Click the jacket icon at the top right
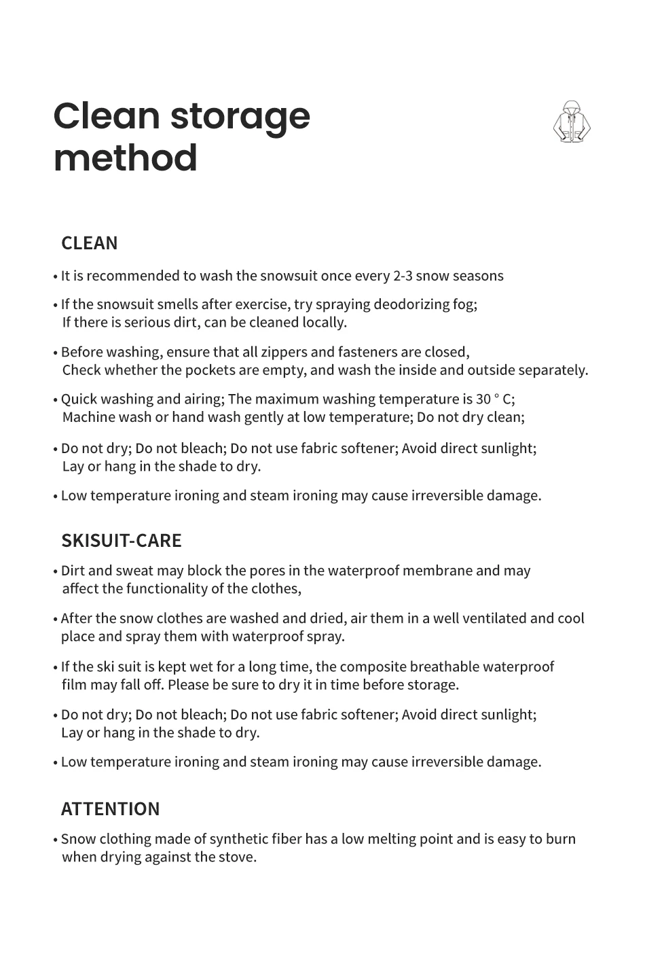(x=572, y=122)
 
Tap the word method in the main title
(x=126, y=158)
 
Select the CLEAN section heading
(x=89, y=243)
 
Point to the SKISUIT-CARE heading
(x=122, y=541)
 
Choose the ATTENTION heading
(x=111, y=809)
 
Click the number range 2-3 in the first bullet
(x=402, y=276)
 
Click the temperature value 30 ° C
(x=495, y=399)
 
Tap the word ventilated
(x=489, y=618)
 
